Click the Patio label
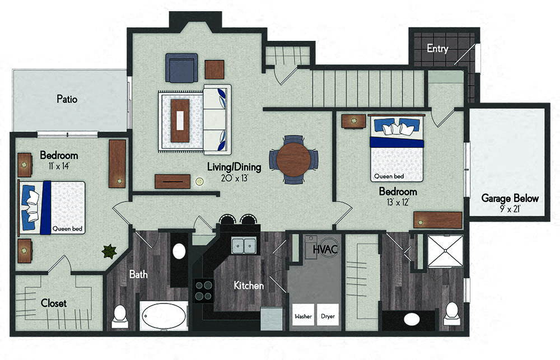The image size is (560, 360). [x=67, y=99]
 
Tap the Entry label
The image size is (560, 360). [x=437, y=48]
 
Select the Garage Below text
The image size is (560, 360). [x=510, y=198]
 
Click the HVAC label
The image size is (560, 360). [x=325, y=249]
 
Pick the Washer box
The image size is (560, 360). [x=303, y=315]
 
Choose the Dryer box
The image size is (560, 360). [x=328, y=315]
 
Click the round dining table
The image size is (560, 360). [x=293, y=160]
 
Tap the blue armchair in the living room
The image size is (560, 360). [x=181, y=68]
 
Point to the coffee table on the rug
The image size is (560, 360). [x=180, y=120]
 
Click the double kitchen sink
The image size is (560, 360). [x=244, y=245]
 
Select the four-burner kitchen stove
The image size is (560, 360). [x=204, y=291]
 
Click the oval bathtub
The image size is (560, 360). [x=164, y=316]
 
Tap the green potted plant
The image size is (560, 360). [x=109, y=251]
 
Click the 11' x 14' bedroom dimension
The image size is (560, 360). [x=59, y=166]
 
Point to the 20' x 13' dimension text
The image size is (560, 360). [x=234, y=178]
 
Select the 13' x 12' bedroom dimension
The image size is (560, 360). [x=398, y=202]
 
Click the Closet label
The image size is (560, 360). [x=54, y=303]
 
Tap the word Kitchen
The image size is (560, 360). [x=249, y=286]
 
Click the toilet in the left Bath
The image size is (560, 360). [x=120, y=316]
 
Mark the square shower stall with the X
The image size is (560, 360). [x=445, y=251]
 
